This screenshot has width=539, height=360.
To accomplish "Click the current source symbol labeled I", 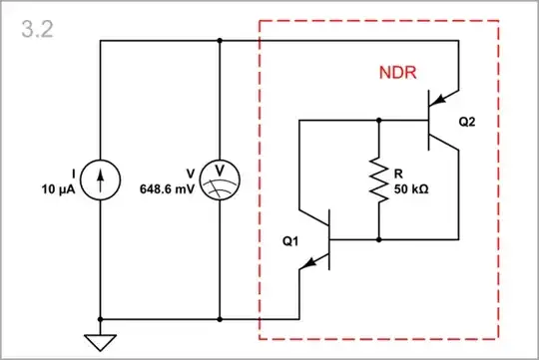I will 100,180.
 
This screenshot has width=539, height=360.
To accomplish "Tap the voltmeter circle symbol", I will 219,180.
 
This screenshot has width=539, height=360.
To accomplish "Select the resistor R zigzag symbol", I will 380,180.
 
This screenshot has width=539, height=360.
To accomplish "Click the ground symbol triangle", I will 100,342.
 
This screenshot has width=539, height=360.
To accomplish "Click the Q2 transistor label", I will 468,121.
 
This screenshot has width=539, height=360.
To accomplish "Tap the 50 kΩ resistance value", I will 413,188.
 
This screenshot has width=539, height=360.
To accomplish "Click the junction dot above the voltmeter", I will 219,40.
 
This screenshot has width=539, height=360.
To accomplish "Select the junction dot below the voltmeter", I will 219,319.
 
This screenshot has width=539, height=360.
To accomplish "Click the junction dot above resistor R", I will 380,120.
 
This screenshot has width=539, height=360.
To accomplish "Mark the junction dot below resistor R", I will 380,239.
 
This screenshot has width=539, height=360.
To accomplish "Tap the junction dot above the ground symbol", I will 100,319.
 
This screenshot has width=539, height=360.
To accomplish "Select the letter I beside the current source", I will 73,173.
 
